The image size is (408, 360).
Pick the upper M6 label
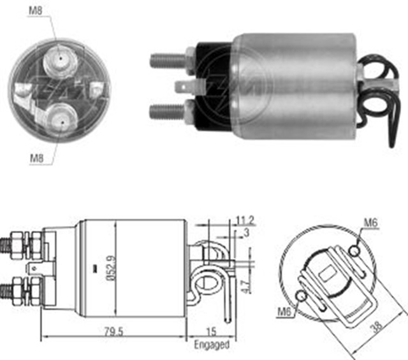point(372,222)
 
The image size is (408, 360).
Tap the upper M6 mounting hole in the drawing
point(354,253)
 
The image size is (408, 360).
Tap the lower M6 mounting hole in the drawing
point(303,295)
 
